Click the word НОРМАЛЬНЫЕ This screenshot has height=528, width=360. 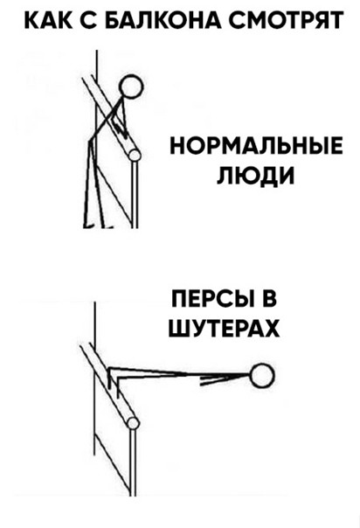256,146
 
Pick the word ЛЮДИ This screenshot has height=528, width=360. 255,176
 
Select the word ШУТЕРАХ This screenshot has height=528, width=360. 224,329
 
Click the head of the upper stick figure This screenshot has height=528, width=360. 132,87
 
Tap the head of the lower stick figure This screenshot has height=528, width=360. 262,376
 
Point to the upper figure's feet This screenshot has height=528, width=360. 98,225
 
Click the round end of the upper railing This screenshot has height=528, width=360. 135,156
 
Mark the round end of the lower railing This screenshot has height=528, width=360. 134,423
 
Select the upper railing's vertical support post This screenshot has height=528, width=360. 135,194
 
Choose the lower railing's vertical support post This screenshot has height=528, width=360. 133,462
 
